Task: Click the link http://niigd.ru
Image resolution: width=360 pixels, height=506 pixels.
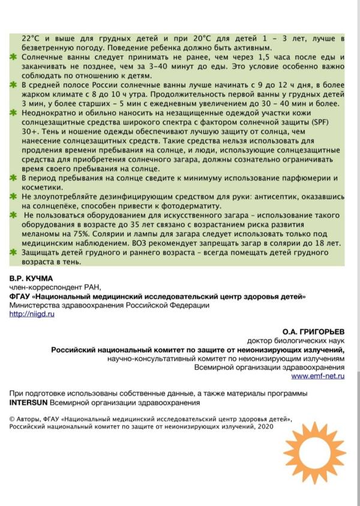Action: (31, 315)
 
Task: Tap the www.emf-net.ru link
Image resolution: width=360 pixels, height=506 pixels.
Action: (318, 376)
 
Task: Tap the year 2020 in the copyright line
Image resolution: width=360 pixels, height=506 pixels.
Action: (265, 426)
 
